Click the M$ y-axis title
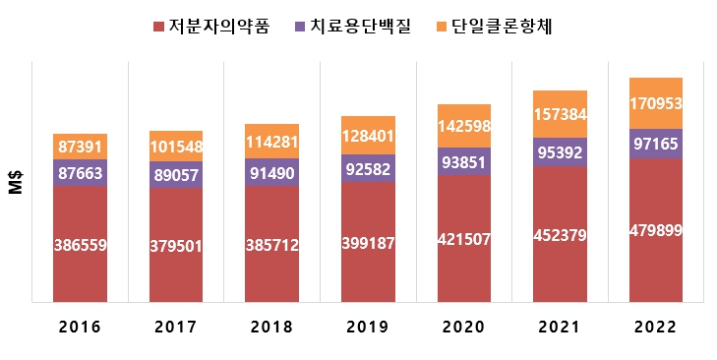pos(15,181)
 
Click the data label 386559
pos(81,244)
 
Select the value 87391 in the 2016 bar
pos(81,146)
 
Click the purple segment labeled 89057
pos(176,174)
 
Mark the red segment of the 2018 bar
pos(272,244)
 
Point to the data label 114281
pos(272,142)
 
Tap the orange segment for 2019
pos(368,135)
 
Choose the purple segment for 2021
pos(560,152)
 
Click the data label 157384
pos(560,115)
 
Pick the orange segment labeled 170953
pos(656,103)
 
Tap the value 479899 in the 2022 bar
pos(656,231)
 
